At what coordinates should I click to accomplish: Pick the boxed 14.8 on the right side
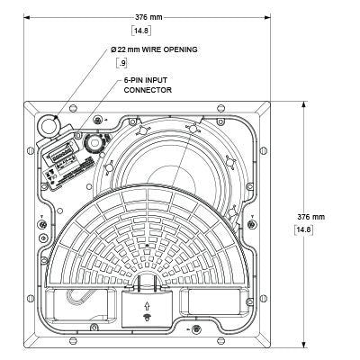pyautogui.click(x=304, y=230)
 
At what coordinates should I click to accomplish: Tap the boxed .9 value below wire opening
pyautogui.click(x=124, y=63)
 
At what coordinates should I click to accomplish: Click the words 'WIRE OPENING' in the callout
pyautogui.click(x=171, y=49)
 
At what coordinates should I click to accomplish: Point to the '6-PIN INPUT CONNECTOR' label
pyautogui.click(x=148, y=85)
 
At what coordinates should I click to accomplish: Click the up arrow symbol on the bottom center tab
pyautogui.click(x=149, y=306)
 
